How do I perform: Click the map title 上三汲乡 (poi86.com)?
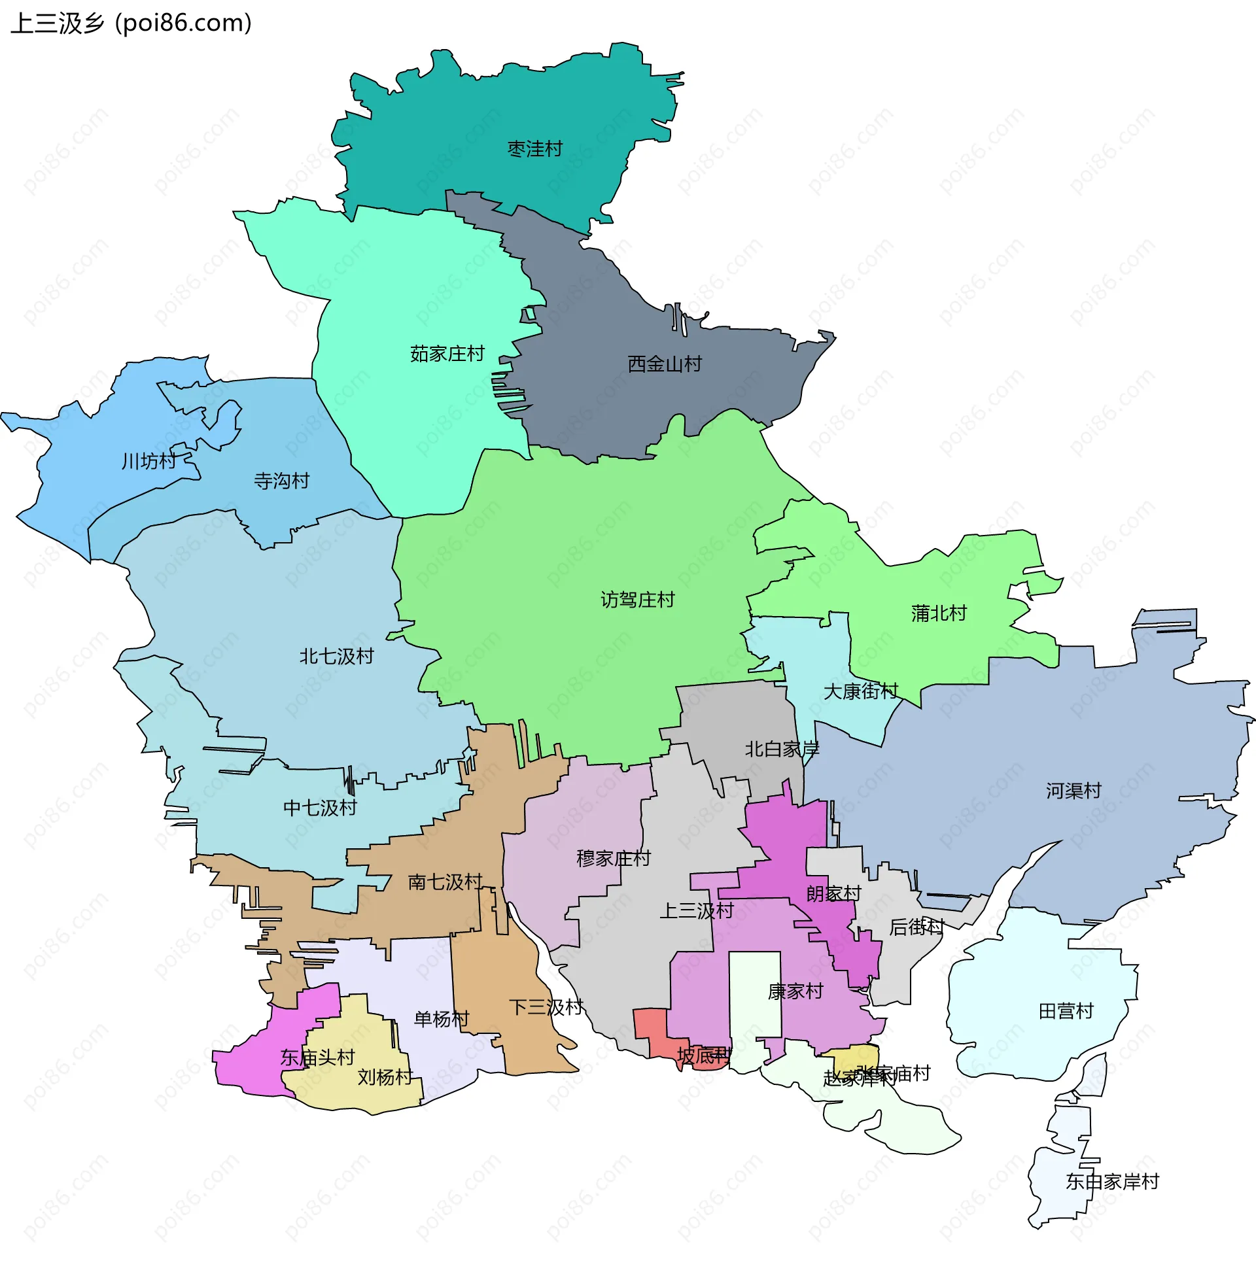(x=131, y=24)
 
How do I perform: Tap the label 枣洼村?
(x=535, y=150)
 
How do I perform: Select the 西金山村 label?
(x=665, y=364)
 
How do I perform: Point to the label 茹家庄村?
(x=447, y=354)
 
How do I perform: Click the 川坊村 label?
(x=149, y=462)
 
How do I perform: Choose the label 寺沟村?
(x=282, y=481)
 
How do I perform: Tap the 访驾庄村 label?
(x=638, y=600)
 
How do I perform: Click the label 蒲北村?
(x=939, y=613)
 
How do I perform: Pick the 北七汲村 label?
(x=336, y=657)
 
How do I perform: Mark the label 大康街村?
(x=861, y=691)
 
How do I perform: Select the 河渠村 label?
(x=1073, y=791)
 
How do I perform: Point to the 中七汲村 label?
(x=320, y=808)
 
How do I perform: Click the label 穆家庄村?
(x=613, y=859)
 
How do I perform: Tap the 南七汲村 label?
(x=445, y=882)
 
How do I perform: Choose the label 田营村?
(x=1066, y=1011)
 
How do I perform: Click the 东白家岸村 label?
(x=1112, y=1182)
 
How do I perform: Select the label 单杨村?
(x=442, y=1019)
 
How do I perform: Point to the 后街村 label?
(x=916, y=927)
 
